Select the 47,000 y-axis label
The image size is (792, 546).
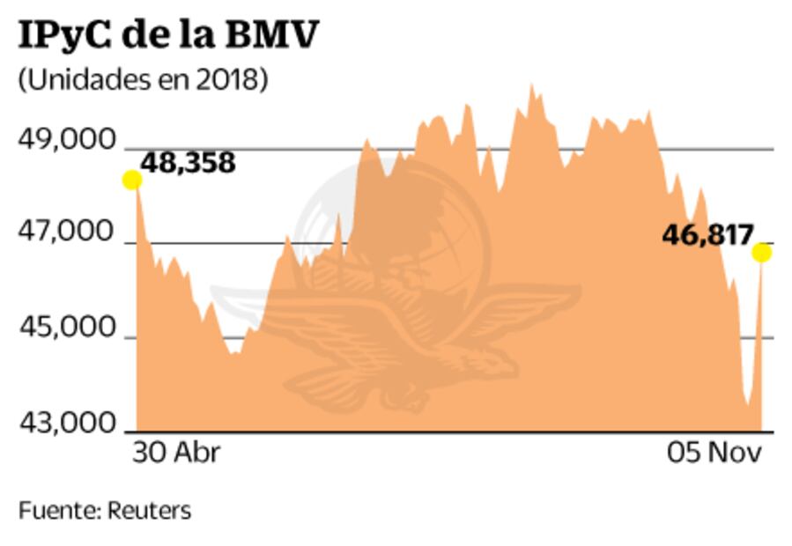68,233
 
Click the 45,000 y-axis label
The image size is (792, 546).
68,328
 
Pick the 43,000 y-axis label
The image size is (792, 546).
68,424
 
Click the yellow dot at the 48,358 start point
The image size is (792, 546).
131,181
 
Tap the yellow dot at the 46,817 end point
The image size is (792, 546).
761,253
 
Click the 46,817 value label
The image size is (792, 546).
707,235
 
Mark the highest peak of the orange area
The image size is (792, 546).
531,87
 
